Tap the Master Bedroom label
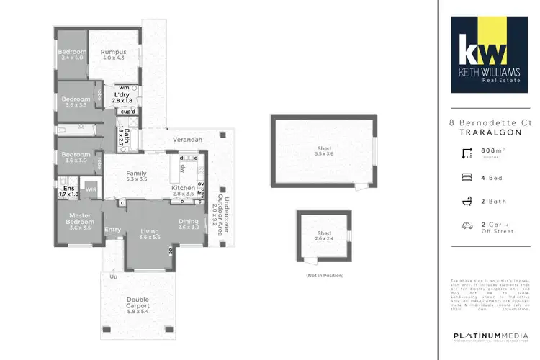[80, 218]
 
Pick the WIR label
[91, 189]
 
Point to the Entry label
[113, 230]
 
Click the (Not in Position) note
[323, 276]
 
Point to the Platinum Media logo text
[490, 336]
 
